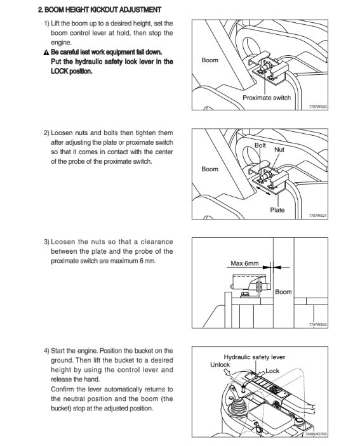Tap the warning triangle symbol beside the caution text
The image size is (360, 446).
(46, 53)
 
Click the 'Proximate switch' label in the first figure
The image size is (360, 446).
(267, 98)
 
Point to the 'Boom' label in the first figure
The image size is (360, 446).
(210, 60)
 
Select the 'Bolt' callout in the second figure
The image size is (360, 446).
(260, 145)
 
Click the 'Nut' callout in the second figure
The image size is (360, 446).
(279, 150)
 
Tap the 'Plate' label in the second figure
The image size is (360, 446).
(277, 210)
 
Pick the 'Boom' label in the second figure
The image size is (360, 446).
(210, 169)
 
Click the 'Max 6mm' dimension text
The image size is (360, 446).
(244, 263)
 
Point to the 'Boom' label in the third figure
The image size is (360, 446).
(283, 292)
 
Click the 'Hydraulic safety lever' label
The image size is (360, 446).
(255, 357)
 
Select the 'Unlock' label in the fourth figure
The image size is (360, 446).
(220, 365)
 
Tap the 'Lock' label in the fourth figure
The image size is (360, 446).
(272, 371)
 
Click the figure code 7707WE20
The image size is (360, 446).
(318, 107)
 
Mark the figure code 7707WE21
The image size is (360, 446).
(318, 216)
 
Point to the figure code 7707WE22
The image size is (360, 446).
(318, 325)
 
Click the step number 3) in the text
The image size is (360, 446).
(47, 242)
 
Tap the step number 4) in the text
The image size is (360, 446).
(47, 351)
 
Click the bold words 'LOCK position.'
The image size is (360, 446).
(72, 71)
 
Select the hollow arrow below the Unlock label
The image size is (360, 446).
(227, 372)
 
